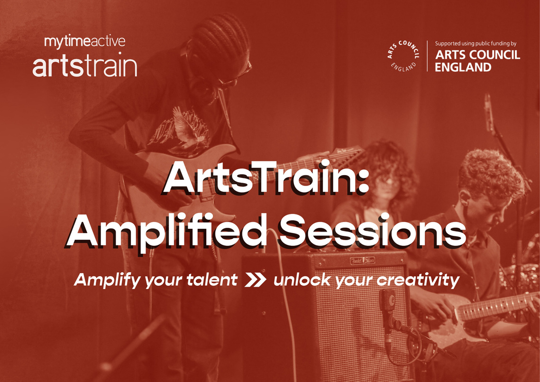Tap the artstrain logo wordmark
click(x=84, y=66)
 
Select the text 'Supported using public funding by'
click(x=476, y=43)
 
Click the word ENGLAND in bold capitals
click(x=463, y=67)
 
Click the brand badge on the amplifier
click(x=363, y=261)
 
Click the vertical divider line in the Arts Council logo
click(x=428, y=56)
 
